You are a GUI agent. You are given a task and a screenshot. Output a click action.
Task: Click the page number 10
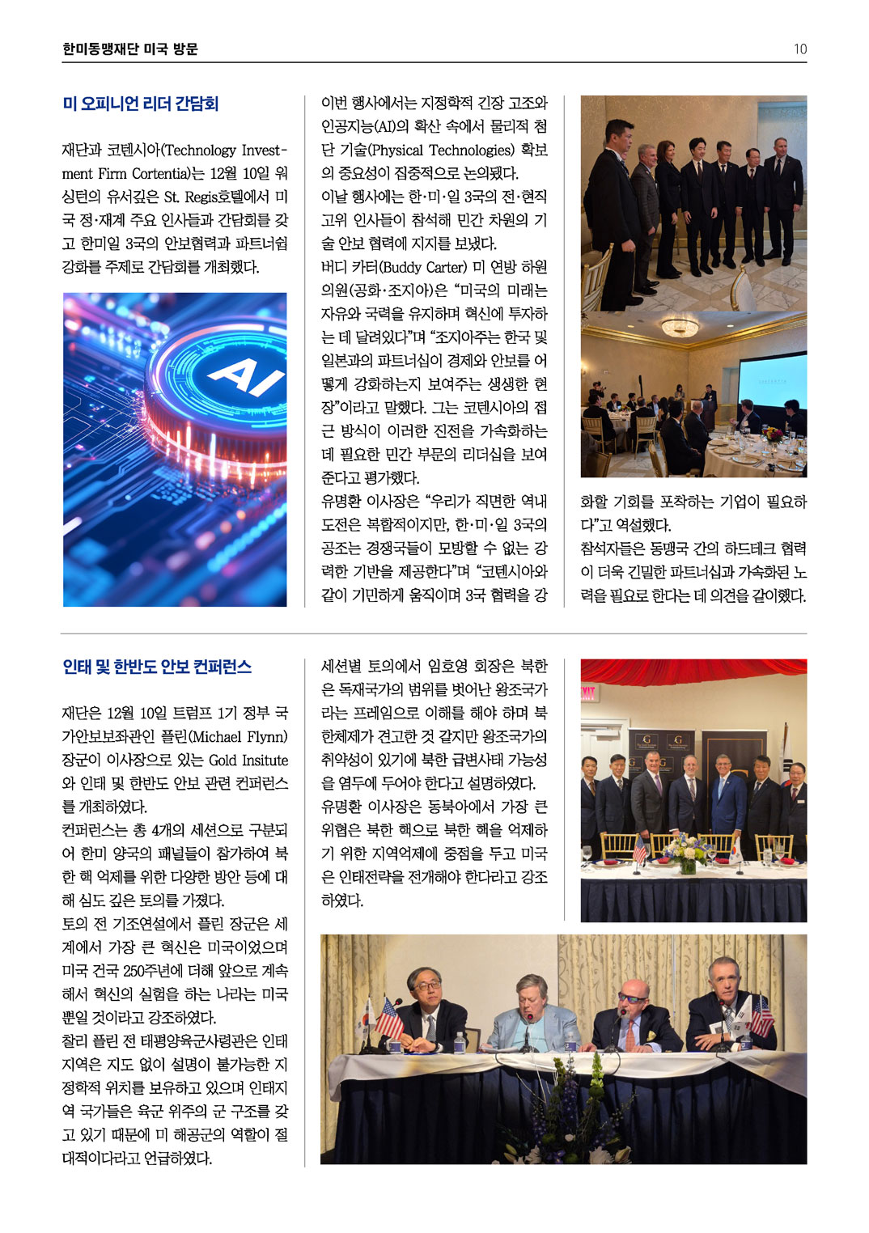tap(799, 49)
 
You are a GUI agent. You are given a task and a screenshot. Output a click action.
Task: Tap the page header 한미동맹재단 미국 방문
tap(130, 49)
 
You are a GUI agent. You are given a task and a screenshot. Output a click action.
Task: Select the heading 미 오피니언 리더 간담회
tap(141, 104)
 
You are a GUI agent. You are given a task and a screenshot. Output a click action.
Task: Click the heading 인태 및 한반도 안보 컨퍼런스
tap(157, 667)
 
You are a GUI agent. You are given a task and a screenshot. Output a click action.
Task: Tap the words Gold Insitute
tap(248, 761)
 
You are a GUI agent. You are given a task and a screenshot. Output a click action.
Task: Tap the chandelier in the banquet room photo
tap(680, 325)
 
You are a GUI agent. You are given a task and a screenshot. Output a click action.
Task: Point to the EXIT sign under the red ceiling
tap(587, 693)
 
